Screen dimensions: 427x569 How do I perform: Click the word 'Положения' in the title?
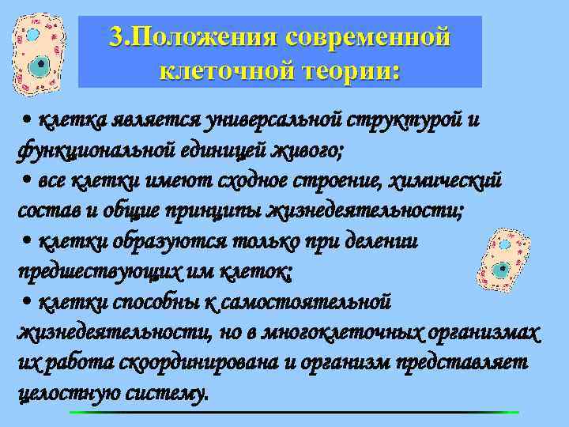[x=205, y=37]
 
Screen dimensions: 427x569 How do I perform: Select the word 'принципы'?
[x=213, y=211]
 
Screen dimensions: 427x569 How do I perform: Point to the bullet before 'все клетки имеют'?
[x=27, y=181]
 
